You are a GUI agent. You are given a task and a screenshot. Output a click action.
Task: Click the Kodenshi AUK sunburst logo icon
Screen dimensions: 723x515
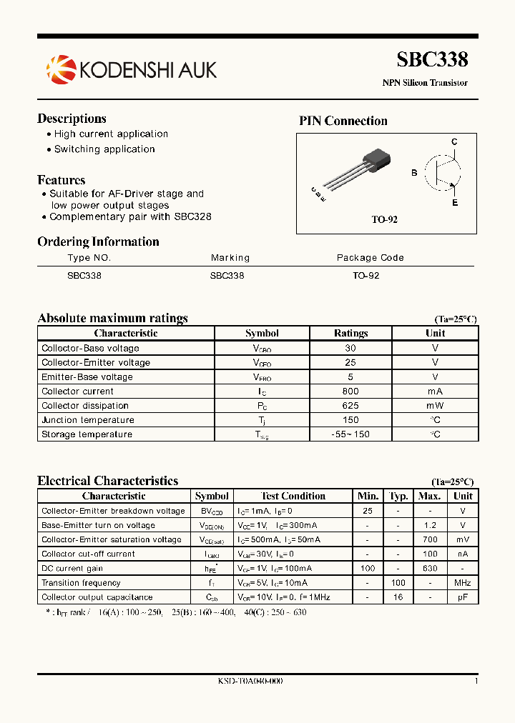coord(61,69)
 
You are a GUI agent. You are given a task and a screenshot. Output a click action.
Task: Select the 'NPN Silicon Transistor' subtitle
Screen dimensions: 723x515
coord(424,83)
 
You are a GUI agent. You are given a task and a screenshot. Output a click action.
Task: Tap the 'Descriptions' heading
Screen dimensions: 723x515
coord(72,119)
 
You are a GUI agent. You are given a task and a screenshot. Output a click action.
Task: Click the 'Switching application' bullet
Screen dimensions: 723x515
coord(104,149)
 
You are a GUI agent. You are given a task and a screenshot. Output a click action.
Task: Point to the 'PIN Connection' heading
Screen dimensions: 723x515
coord(343,121)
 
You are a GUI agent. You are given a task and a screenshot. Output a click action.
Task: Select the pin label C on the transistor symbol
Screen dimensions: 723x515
coord(453,142)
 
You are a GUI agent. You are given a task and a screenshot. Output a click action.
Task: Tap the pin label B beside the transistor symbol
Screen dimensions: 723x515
coord(414,173)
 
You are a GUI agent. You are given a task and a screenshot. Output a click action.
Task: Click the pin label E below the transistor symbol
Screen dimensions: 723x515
coord(454,203)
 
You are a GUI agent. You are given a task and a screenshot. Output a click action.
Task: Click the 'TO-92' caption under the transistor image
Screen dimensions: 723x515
coord(384,219)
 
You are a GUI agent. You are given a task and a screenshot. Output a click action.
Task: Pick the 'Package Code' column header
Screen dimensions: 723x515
coord(370,258)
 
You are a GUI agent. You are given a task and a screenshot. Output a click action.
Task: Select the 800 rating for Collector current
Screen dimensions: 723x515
coord(350,392)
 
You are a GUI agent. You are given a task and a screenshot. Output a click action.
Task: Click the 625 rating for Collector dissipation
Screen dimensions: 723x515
coord(350,406)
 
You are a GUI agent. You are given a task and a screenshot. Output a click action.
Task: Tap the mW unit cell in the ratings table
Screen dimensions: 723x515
coord(435,406)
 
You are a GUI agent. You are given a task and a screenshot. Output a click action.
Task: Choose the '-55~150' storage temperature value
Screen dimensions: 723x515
coord(350,434)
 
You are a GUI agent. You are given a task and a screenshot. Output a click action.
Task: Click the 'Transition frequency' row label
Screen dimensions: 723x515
coord(81,583)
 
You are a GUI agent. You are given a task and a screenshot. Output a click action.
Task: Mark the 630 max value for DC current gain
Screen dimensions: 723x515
coord(429,569)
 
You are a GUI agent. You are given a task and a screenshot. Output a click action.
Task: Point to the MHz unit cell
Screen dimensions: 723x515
coord(463,583)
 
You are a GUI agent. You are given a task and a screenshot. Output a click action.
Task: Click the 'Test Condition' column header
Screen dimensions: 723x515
coord(293,496)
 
